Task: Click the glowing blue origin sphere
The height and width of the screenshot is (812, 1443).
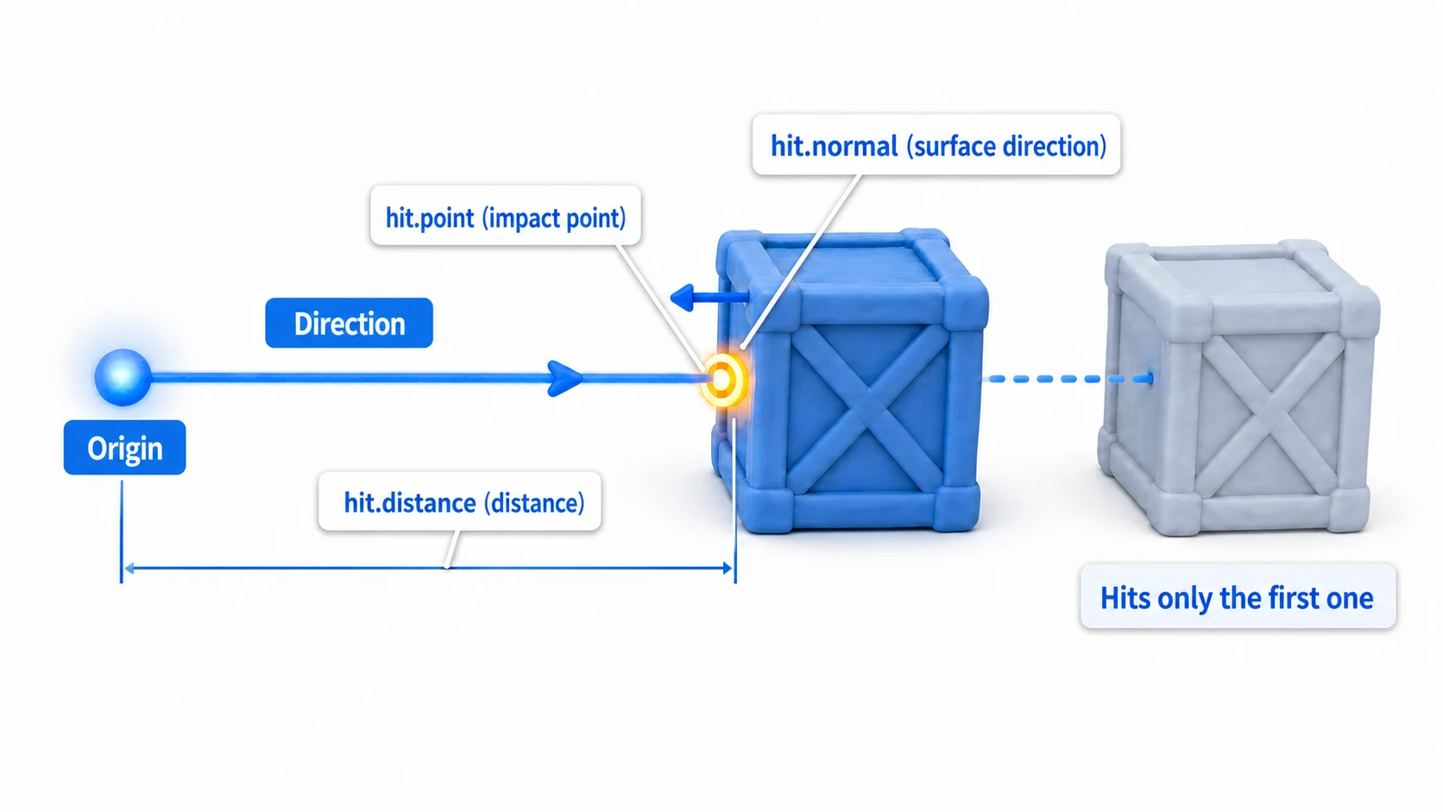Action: coord(123,377)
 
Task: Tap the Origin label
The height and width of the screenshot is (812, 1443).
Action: coord(125,448)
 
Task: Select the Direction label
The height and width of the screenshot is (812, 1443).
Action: coord(350,324)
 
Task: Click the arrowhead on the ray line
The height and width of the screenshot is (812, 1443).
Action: coord(565,378)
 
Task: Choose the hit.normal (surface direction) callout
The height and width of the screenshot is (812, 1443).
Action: coord(936,145)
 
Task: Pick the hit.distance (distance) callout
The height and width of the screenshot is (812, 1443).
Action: coord(460,501)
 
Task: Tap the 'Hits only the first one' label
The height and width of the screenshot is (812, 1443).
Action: coord(1238,597)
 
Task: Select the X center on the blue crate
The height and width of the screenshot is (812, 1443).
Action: coord(867,408)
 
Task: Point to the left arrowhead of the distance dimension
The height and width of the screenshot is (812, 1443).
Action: coord(129,568)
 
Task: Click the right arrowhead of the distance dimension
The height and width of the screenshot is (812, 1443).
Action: coord(728,568)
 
